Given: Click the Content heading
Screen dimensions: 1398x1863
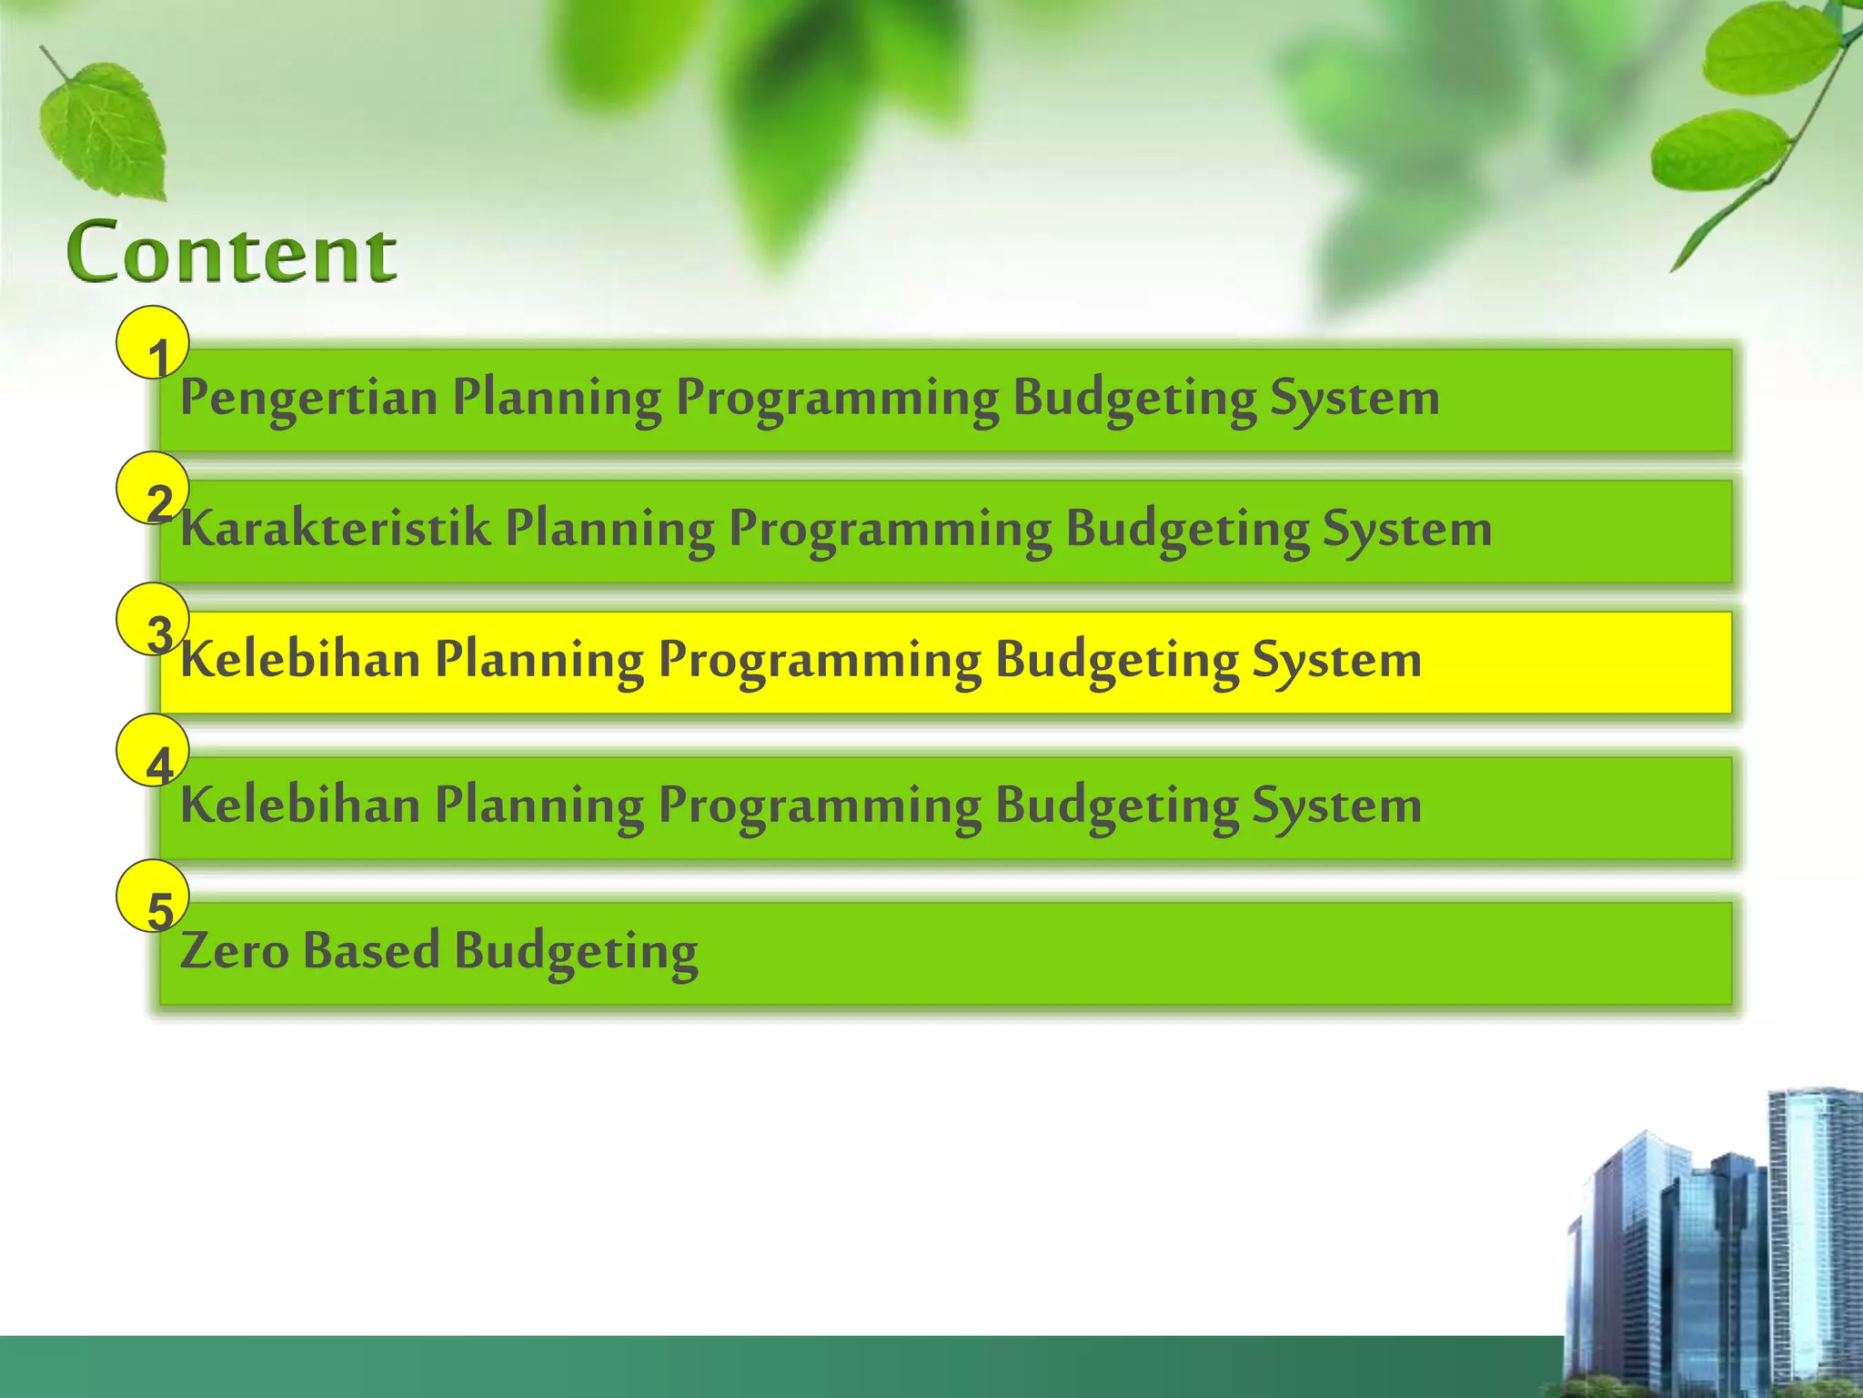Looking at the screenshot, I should point(232,252).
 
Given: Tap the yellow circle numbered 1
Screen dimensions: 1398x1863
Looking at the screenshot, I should point(153,342).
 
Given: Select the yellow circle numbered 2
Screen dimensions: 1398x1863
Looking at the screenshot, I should point(153,488).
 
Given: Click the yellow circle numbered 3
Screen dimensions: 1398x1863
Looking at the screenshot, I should point(153,619).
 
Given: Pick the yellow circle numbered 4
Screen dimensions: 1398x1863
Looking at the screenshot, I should point(153,751).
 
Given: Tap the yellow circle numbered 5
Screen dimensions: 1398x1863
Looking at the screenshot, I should point(153,896).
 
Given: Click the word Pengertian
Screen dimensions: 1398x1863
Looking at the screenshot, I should point(308,398).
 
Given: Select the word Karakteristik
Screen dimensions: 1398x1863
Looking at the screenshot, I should point(335,529).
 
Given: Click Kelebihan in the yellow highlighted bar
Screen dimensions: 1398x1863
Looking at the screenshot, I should point(300,660).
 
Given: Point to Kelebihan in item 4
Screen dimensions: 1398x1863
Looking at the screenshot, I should point(300,805).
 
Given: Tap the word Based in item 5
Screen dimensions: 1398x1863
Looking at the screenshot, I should point(371,950).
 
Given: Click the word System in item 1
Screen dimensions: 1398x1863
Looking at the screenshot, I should point(1354,399).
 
